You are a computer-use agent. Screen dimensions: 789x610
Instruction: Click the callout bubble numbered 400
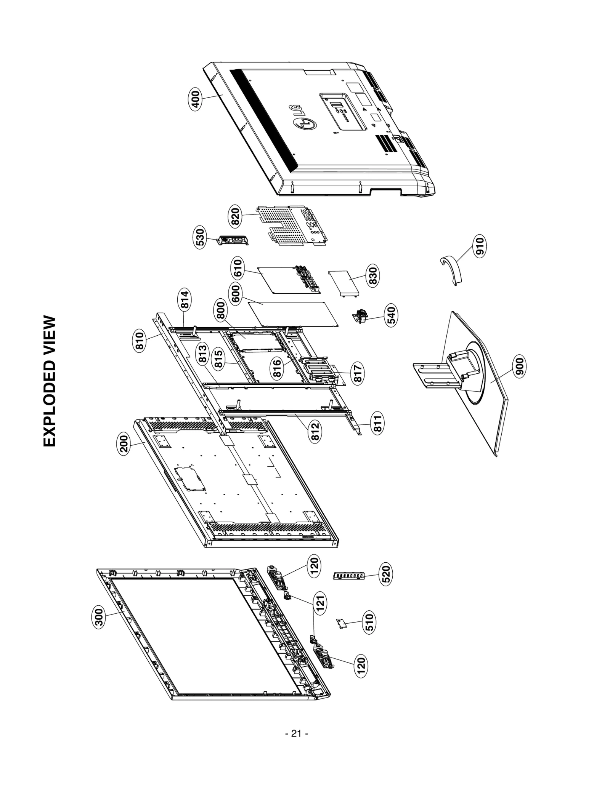[195, 100]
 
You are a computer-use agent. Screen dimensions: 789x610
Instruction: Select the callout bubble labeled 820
[235, 216]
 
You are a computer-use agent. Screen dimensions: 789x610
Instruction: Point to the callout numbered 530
[200, 238]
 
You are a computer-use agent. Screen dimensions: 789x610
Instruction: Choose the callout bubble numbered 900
[519, 366]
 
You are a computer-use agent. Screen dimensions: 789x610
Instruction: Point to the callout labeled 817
[357, 374]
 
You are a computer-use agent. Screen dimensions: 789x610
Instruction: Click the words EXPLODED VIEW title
[50, 381]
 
